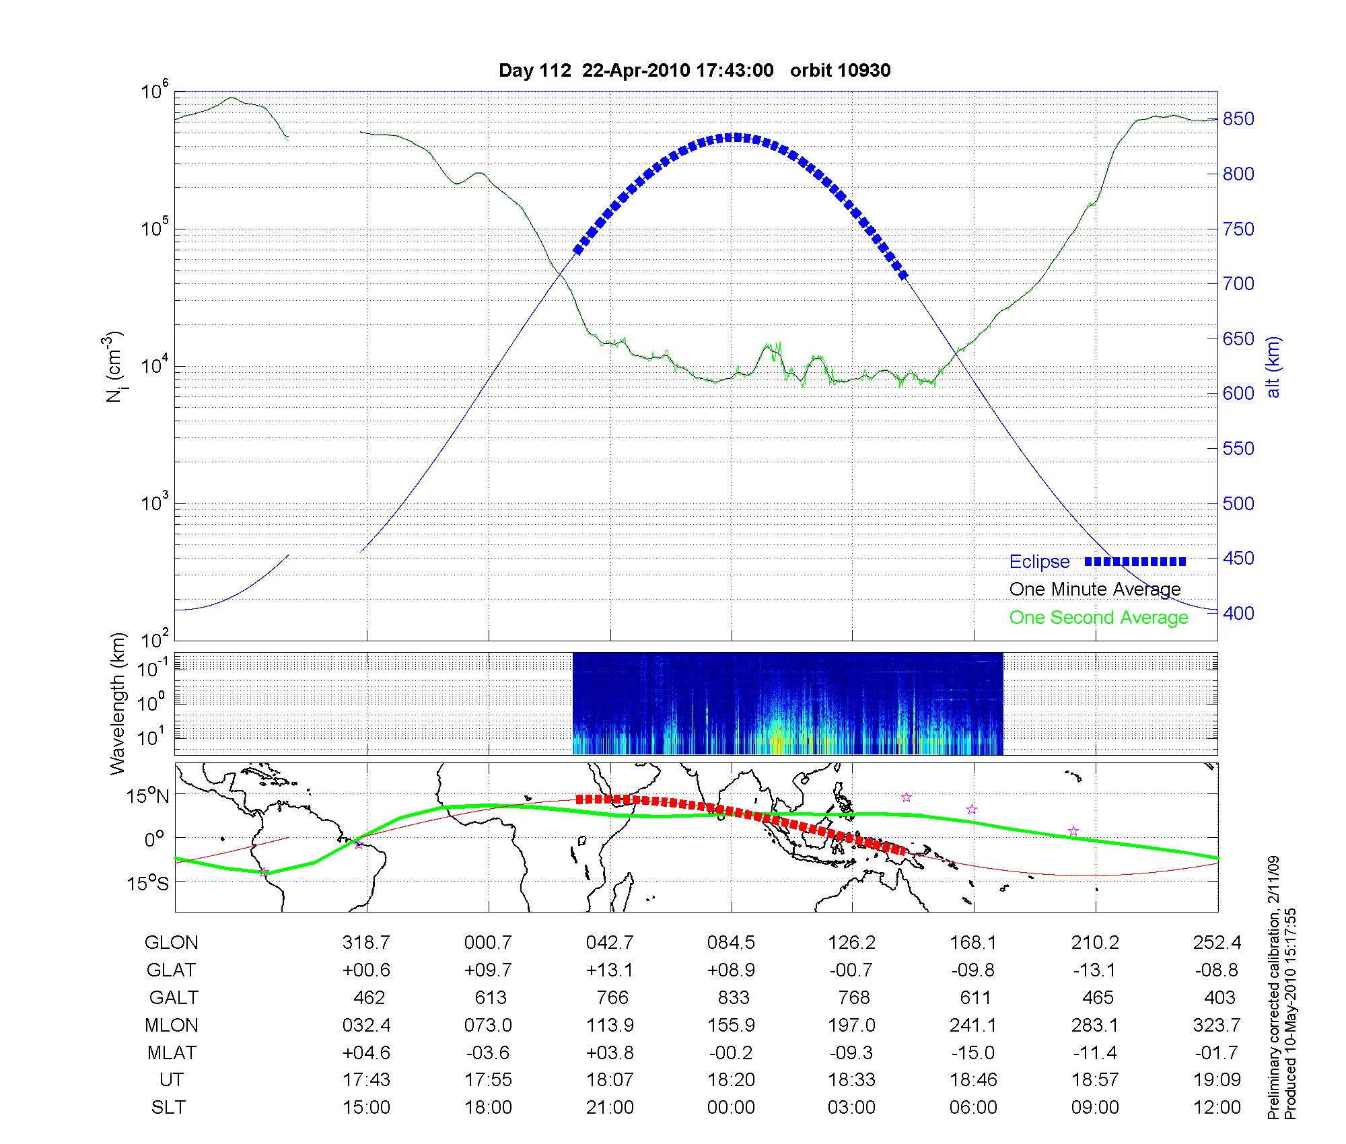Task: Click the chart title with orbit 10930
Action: coord(695,71)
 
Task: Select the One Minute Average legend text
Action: coord(1095,589)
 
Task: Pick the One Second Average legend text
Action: coord(1098,618)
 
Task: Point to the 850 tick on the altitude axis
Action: coord(1238,119)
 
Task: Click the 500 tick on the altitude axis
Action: coord(1238,503)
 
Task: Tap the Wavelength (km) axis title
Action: coord(118,703)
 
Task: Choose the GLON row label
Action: coord(171,943)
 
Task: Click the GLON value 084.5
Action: coord(731,943)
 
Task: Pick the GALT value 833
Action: coord(731,997)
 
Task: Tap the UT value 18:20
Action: coord(731,1080)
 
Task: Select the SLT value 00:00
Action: coord(731,1108)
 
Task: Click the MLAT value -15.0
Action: coord(973,1052)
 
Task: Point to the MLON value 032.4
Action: coord(367,1025)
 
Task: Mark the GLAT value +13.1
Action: coord(610,970)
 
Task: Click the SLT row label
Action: coord(168,1108)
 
